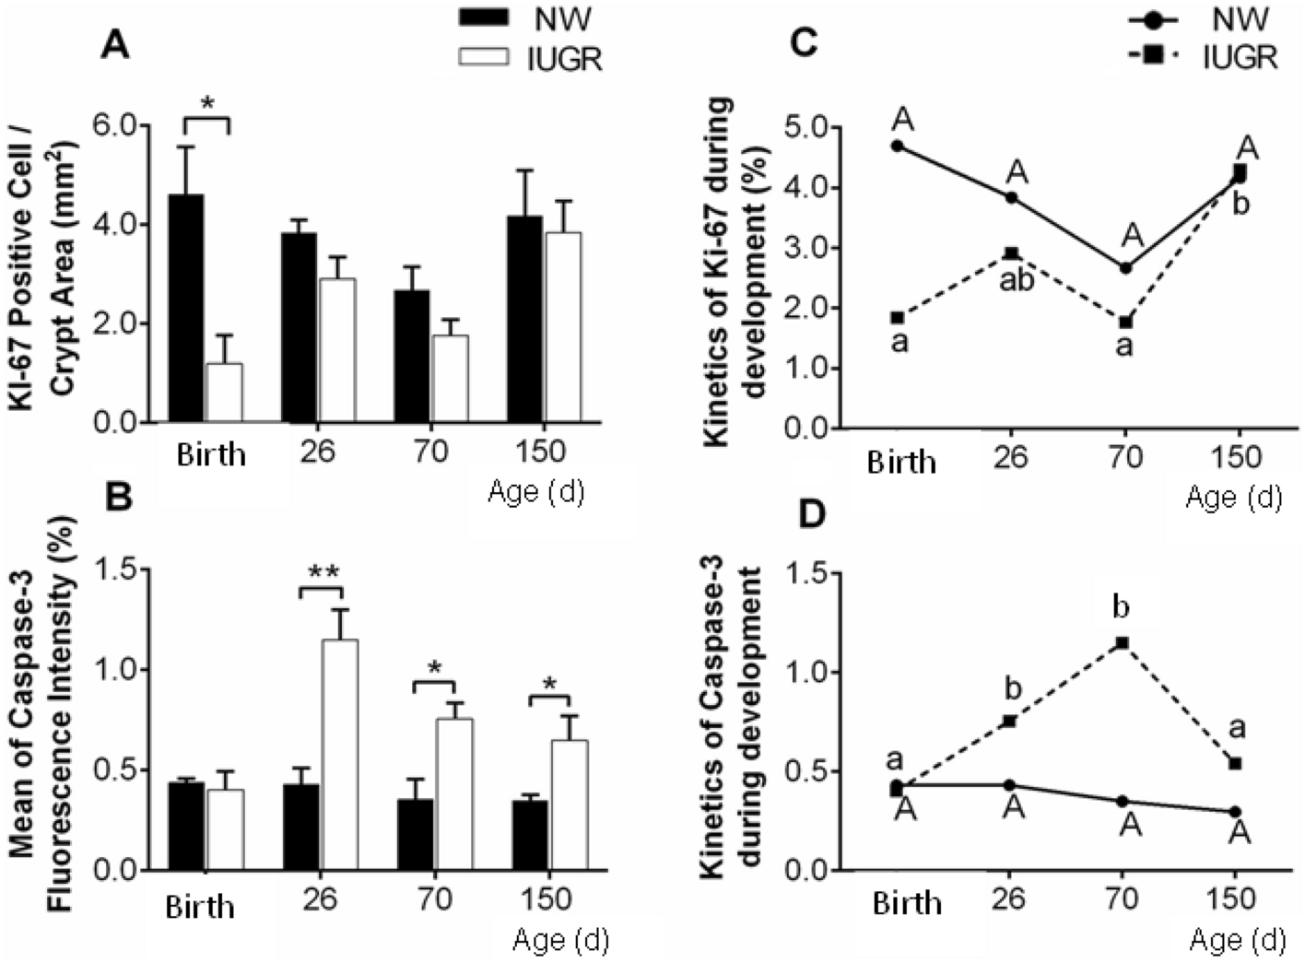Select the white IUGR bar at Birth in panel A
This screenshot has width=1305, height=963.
[223, 393]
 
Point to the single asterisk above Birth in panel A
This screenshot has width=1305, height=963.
[206, 103]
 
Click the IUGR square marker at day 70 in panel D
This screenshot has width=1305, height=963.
[1123, 642]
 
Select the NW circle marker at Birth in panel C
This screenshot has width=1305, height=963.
[897, 146]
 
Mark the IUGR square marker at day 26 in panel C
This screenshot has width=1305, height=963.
[1011, 253]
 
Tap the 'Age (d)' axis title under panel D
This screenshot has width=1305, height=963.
[1235, 939]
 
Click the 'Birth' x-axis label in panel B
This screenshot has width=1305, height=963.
[200, 907]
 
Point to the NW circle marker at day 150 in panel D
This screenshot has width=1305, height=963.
[1235, 811]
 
